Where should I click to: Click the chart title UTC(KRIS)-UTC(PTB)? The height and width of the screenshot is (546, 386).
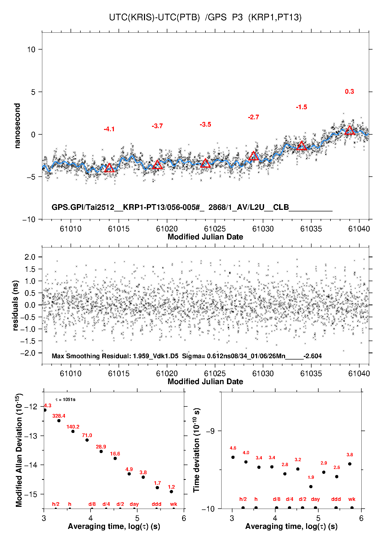pos(154,17)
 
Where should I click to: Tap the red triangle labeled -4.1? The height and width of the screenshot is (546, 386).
pos(109,168)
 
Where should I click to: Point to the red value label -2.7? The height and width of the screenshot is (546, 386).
pos(253,117)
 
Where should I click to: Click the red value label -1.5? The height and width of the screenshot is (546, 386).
pos(301,107)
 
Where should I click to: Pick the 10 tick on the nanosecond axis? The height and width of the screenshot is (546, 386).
pos(31,49)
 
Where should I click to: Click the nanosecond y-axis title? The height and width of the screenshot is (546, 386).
pos(17,126)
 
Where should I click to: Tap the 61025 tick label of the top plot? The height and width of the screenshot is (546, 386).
pos(215,229)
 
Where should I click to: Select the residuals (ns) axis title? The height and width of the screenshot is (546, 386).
pos(16,305)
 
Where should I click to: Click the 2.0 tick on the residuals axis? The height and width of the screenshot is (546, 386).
pos(30,257)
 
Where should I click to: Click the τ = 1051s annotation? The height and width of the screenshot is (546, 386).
pos(65,400)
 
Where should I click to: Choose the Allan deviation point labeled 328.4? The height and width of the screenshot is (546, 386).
pos(59,421)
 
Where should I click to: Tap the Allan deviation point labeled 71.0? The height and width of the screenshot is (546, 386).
pos(87,440)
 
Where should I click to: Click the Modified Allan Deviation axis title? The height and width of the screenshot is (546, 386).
pos(19,450)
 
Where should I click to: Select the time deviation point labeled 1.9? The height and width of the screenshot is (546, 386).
pos(311,487)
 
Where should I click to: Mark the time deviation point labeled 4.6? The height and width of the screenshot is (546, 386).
pos(233,457)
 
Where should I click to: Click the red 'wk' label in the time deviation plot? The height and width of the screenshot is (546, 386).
pos(352,499)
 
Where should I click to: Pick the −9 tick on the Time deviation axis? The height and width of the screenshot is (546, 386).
pos(210,431)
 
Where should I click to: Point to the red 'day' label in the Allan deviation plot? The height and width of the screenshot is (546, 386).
pos(134,504)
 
